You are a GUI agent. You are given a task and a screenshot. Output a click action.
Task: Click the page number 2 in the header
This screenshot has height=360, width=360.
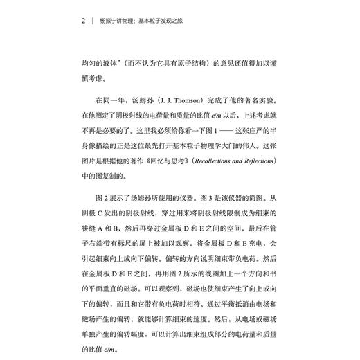coord(82,21)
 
